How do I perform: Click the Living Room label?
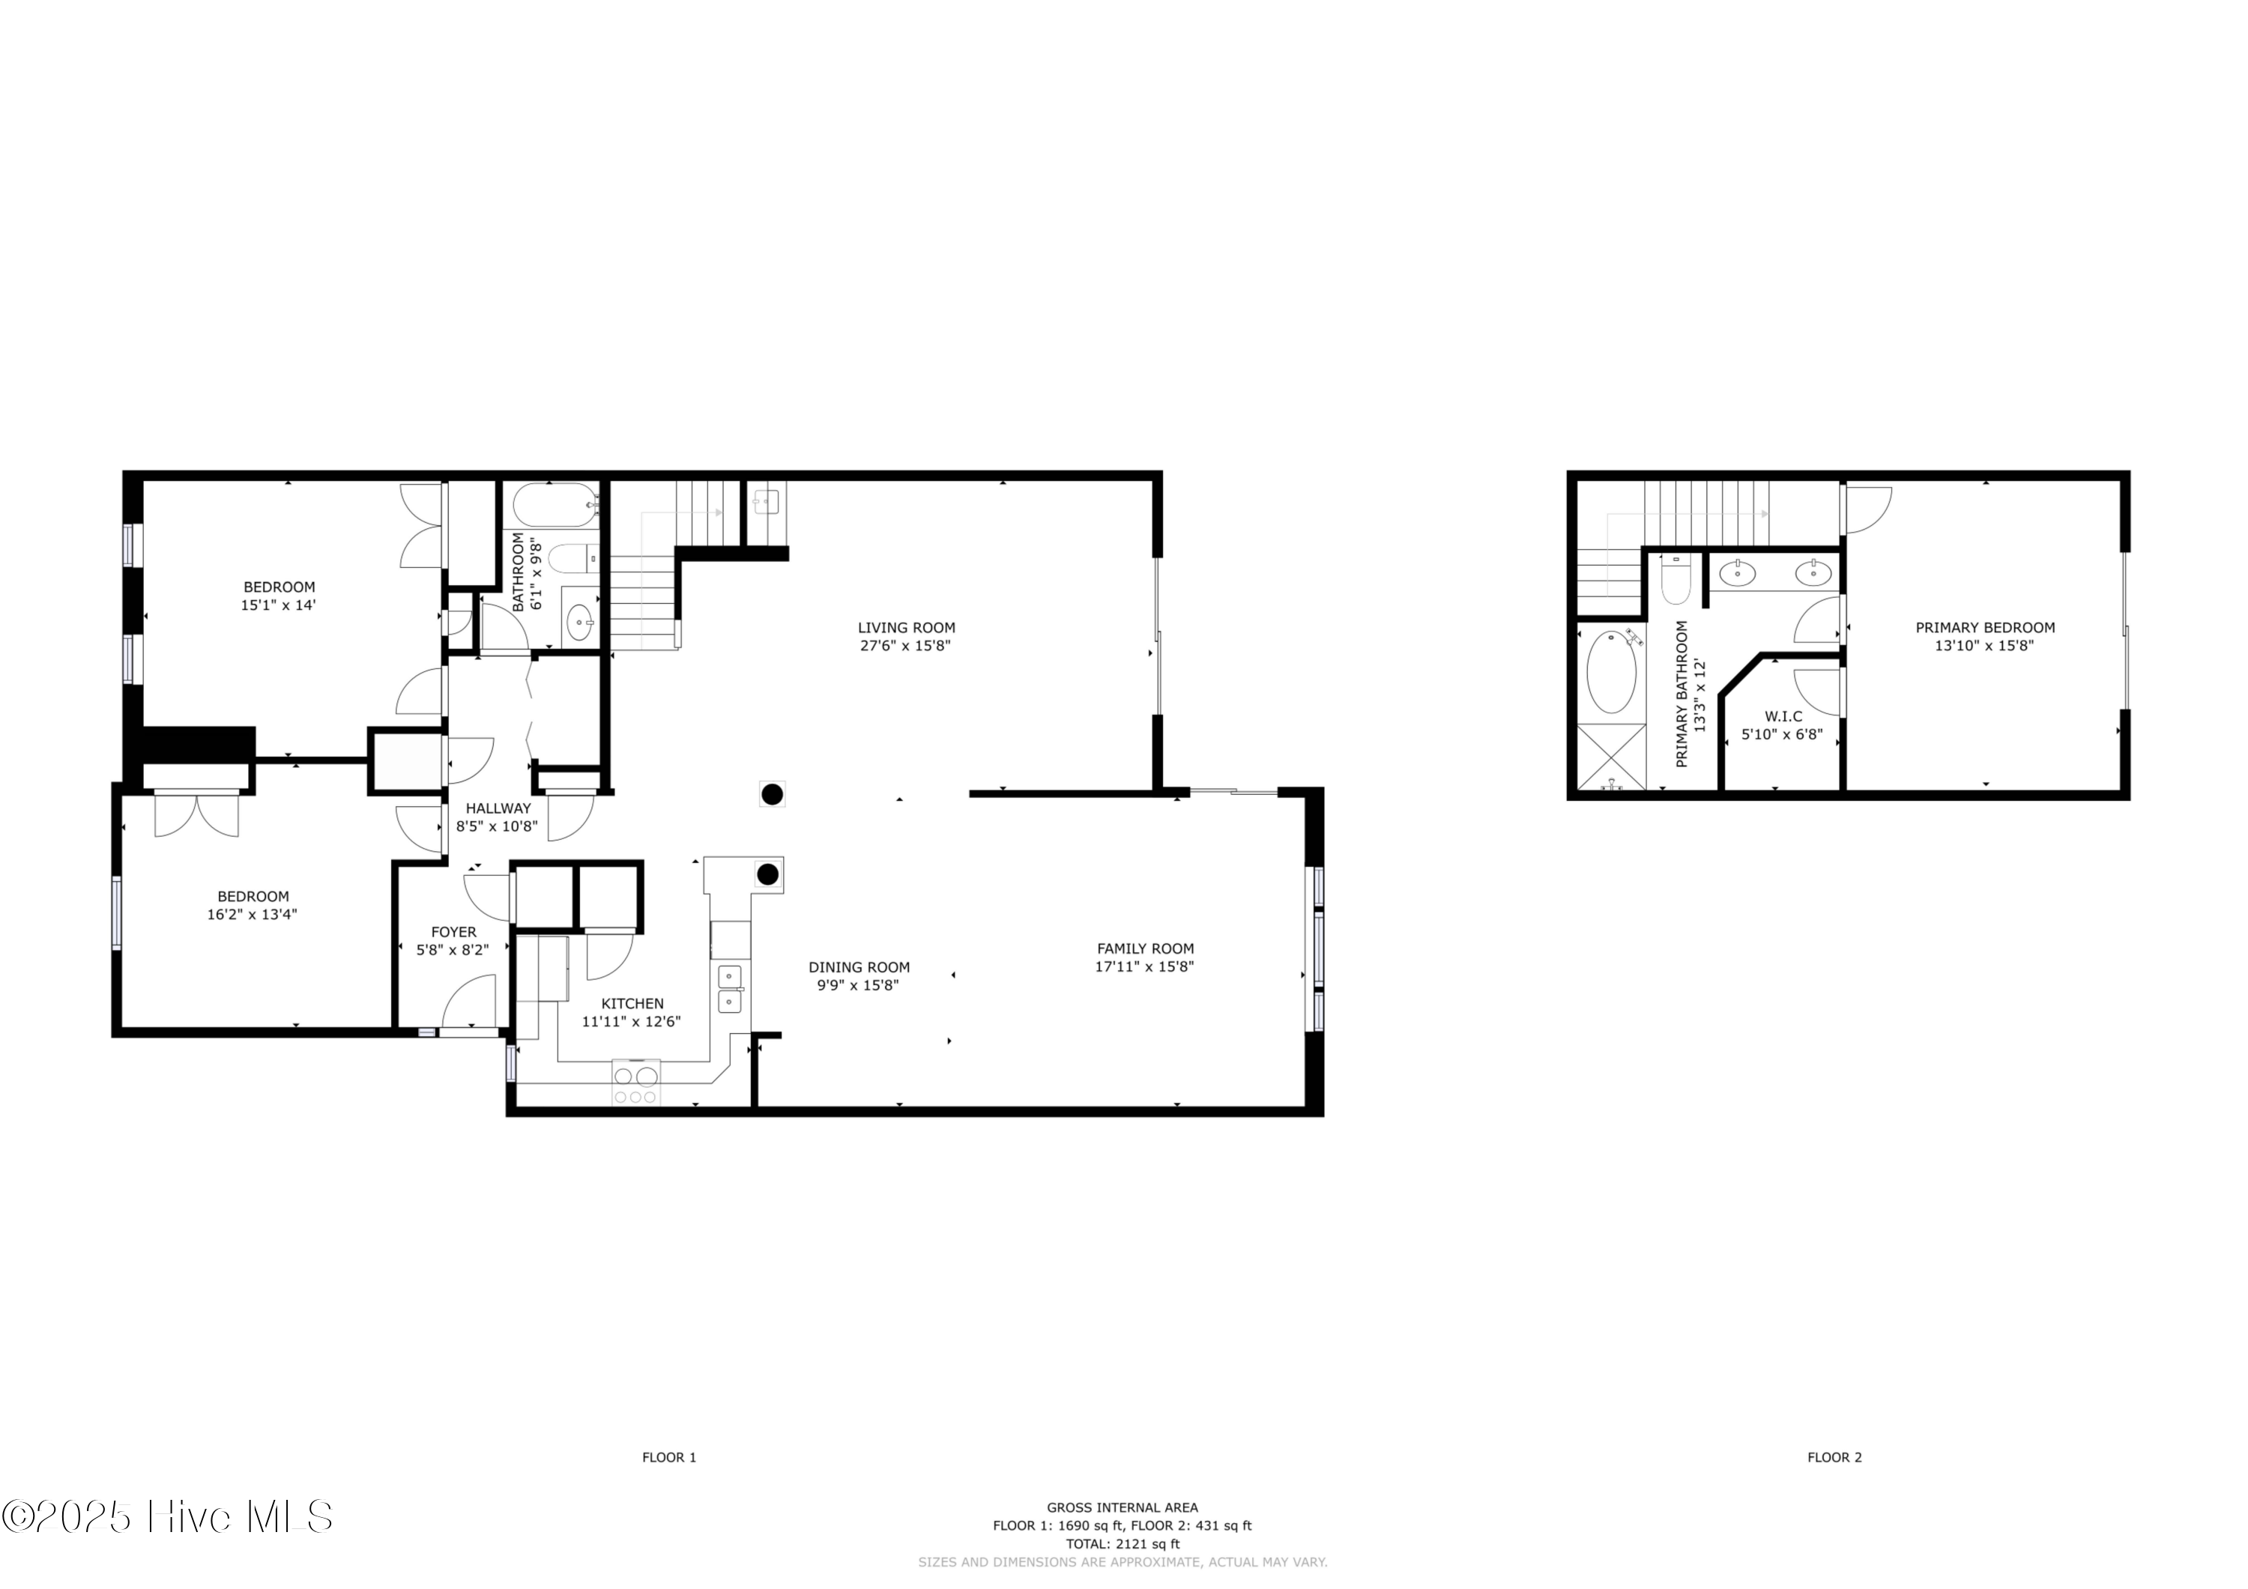point(906,628)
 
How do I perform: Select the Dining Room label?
point(859,967)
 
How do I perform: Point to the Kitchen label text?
point(632,1004)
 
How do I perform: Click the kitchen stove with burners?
point(635,1084)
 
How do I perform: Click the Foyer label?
point(453,932)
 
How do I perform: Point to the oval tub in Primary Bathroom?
point(1610,671)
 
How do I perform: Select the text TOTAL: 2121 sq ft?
point(1122,1544)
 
